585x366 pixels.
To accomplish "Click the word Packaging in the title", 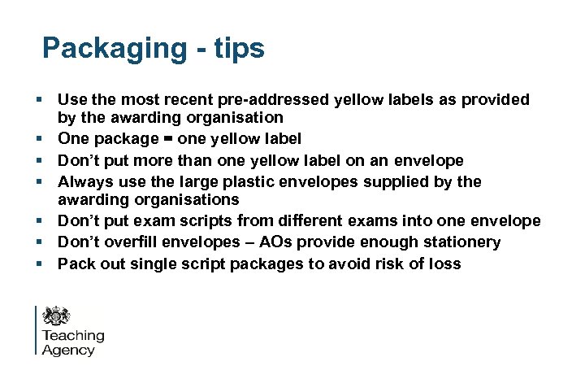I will pos(115,49).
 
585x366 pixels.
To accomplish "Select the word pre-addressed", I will pos(276,100).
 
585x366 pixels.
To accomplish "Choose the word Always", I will pos(86,181).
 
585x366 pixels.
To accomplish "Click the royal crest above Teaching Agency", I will pos(57,316).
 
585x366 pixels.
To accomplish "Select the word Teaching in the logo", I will pos(73,336).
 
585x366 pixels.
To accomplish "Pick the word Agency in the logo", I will pos(68,351).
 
